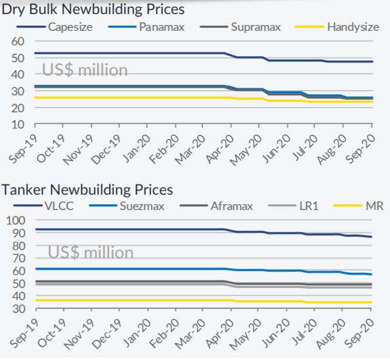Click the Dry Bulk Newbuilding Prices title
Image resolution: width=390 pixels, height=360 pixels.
point(93,9)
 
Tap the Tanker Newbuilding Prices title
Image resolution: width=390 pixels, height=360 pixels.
point(87,190)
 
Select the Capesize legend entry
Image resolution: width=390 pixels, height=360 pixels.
point(69,27)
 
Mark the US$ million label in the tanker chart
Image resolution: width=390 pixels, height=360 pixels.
point(90,252)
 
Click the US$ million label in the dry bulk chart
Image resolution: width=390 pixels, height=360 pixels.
point(84,70)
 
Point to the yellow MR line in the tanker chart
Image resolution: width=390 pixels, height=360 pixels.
point(146,300)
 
